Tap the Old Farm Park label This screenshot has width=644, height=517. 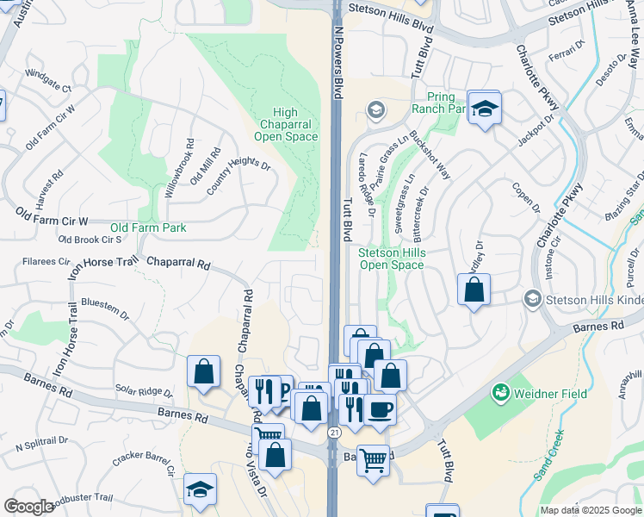pyautogui.click(x=147, y=227)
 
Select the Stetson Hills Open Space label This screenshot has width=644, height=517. pyautogui.click(x=391, y=258)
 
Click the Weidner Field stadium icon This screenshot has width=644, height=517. pyautogui.click(x=500, y=394)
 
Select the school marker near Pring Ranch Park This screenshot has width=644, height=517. pyautogui.click(x=485, y=108)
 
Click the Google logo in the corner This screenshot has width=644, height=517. pyautogui.click(x=28, y=507)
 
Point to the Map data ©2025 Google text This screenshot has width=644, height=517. pyautogui.click(x=590, y=510)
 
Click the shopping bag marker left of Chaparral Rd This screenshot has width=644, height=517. pyautogui.click(x=204, y=371)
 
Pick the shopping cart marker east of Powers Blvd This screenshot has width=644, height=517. pyautogui.click(x=372, y=459)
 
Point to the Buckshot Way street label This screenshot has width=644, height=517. pyautogui.click(x=430, y=156)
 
